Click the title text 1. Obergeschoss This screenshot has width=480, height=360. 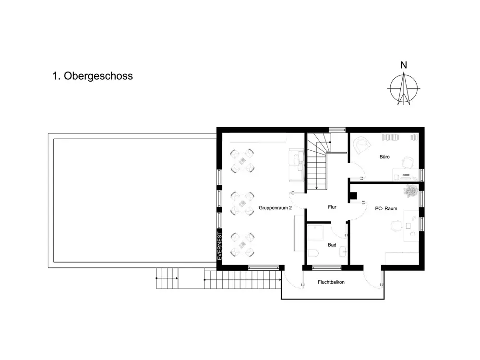click(93, 76)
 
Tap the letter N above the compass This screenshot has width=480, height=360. click(404, 65)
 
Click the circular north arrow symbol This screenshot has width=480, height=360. click(404, 88)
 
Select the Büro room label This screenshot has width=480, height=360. click(384, 157)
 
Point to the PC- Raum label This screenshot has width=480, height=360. click(386, 208)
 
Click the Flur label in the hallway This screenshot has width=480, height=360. click(332, 207)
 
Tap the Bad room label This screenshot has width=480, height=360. click(332, 245)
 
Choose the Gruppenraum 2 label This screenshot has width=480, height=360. click(275, 208)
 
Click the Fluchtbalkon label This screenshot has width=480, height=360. click(331, 282)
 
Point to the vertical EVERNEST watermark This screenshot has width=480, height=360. click(219, 246)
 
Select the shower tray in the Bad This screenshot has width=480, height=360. click(315, 233)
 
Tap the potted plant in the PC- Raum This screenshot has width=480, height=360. click(411, 191)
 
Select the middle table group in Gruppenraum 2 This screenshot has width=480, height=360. click(242, 203)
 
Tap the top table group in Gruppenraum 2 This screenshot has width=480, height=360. click(242, 161)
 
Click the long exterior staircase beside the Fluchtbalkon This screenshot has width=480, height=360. click(243, 279)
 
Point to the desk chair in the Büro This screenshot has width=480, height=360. click(408, 162)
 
